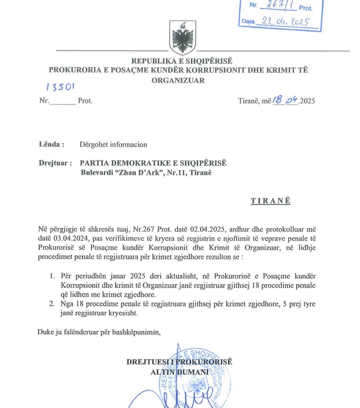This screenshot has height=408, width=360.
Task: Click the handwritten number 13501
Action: click(60, 87)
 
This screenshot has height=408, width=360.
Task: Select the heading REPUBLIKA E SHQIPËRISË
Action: click(181, 61)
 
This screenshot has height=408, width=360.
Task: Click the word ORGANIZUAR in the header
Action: click(178, 80)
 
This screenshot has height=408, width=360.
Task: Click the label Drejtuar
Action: click(55, 163)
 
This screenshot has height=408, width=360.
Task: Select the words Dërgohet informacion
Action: click(113, 145)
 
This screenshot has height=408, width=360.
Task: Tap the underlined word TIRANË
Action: click(270, 201)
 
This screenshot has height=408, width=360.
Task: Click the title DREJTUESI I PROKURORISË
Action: click(179, 362)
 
